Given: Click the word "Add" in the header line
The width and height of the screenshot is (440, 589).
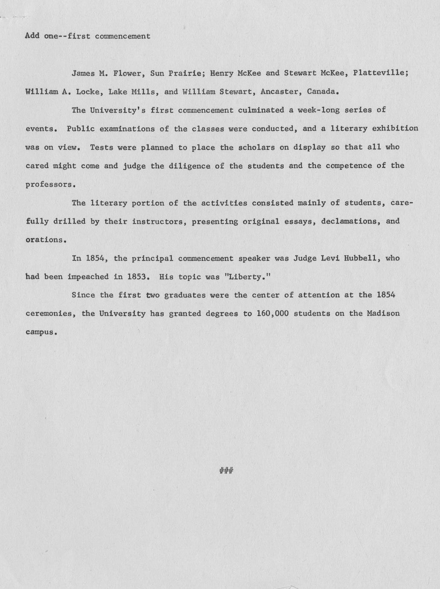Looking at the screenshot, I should tap(32, 36).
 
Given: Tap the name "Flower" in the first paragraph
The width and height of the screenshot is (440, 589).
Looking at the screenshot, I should tap(127, 73).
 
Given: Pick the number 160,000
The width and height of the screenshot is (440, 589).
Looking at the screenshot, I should tap(273, 314).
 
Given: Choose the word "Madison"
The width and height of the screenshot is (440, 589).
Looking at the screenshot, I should tap(383, 314).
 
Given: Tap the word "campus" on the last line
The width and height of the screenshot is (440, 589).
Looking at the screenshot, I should tap(41, 332).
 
